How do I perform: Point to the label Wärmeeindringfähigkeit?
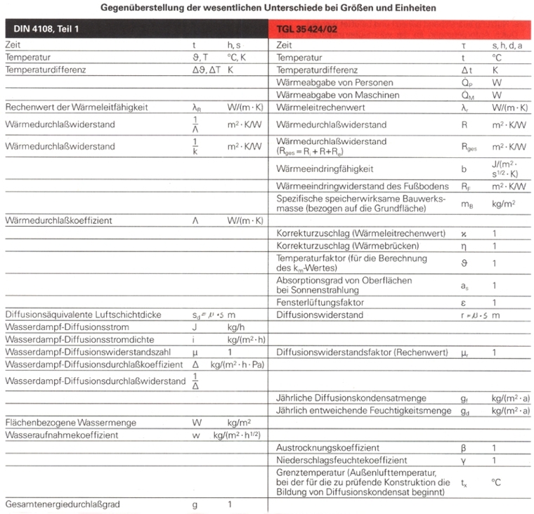pos(324,169)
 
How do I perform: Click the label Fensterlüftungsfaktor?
pos(318,302)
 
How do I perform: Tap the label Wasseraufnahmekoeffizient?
pos(62,435)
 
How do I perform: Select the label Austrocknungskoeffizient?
pos(328,447)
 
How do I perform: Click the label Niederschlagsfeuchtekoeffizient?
pos(342,460)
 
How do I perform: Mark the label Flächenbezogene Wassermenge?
pos(70,423)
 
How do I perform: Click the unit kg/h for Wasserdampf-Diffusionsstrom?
pos(237,327)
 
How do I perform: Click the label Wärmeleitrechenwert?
pos(320,107)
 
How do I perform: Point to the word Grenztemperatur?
pos(309,473)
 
